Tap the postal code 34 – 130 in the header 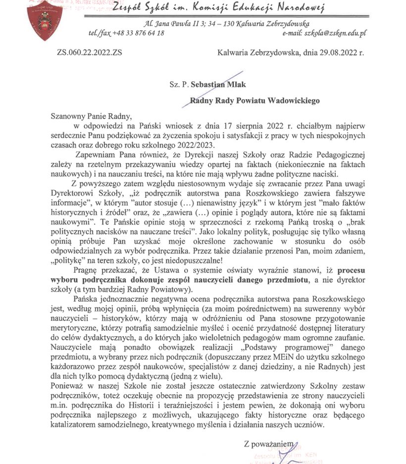[x=227, y=23]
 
